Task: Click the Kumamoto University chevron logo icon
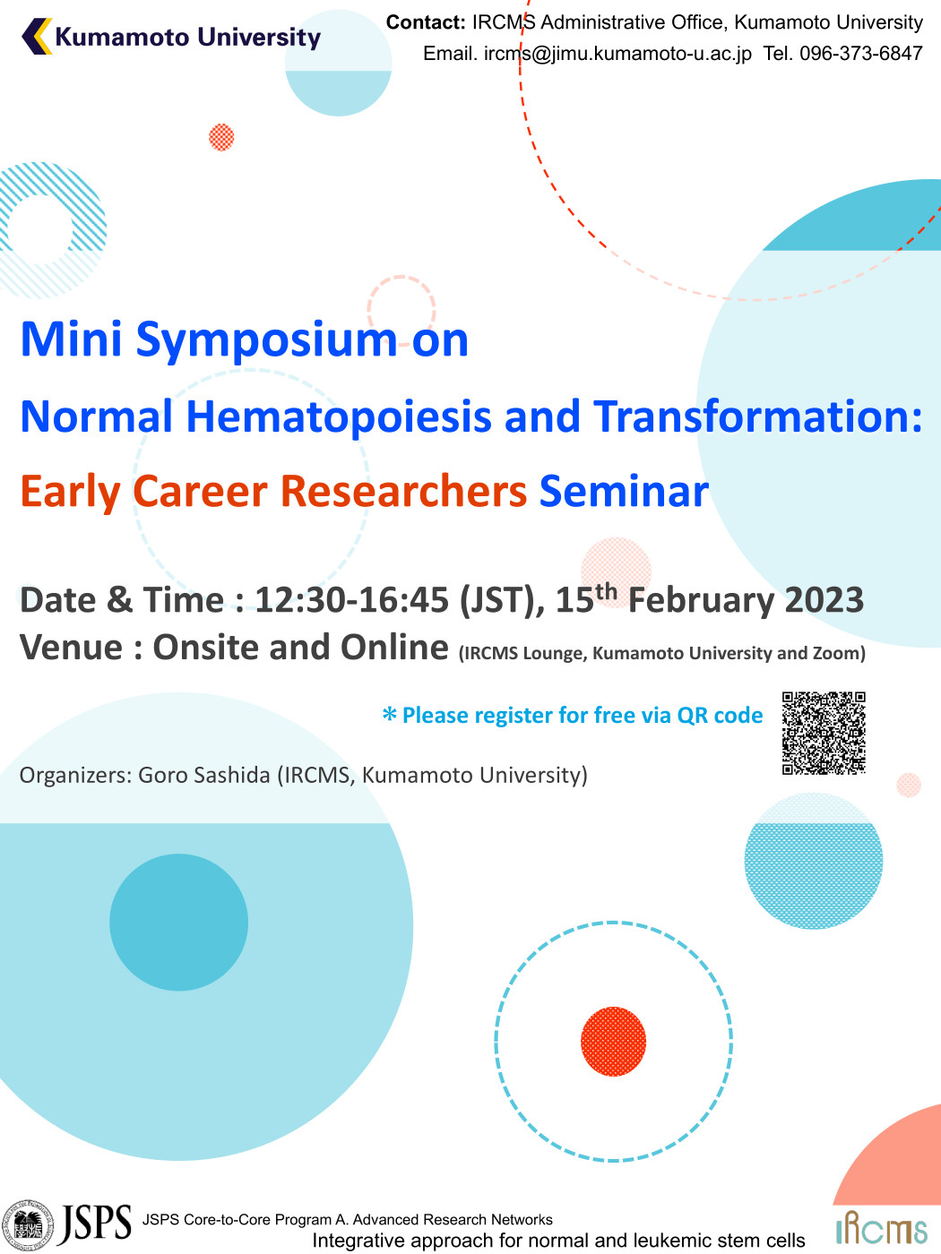click(37, 36)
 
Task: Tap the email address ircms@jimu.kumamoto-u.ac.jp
click(617, 54)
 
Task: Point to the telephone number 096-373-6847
click(861, 53)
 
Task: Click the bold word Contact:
click(426, 22)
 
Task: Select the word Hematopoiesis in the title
click(339, 416)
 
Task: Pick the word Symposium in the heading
click(266, 339)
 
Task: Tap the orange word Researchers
click(403, 491)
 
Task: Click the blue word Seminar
click(624, 491)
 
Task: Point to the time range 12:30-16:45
click(351, 600)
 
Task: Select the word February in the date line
click(701, 600)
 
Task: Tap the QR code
click(824, 733)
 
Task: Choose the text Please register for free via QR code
click(583, 716)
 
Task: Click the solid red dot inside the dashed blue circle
click(613, 1042)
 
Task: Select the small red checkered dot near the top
click(221, 137)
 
